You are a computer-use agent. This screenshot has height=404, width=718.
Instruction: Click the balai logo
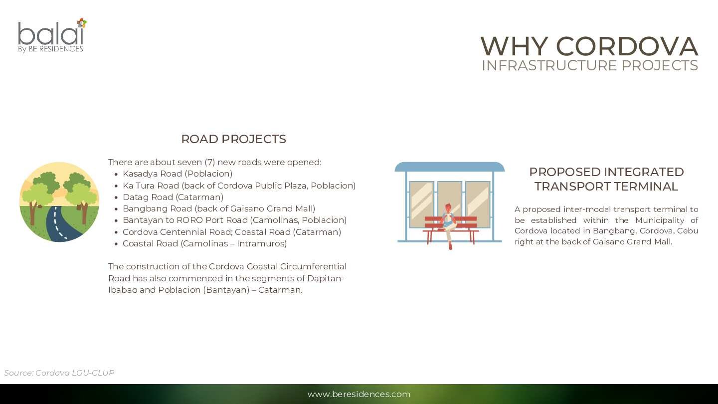point(52,35)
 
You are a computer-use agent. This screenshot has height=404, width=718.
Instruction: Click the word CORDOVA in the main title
point(627,46)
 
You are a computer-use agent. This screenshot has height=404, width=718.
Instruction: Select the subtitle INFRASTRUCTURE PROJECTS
point(590,65)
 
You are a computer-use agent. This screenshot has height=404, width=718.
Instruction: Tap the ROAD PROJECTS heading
point(234,139)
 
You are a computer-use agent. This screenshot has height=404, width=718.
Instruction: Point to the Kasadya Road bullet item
point(178,174)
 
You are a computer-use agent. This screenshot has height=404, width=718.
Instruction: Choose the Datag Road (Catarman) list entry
point(173,197)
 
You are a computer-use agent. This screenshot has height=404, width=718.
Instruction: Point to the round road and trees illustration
point(59,202)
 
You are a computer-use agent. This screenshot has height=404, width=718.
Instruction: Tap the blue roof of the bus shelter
point(449,167)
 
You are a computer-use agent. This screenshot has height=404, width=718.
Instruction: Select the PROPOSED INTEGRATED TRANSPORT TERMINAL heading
point(606,179)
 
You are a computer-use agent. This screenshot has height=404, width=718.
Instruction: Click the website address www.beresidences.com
point(359,394)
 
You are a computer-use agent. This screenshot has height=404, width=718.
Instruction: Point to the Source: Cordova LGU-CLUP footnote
point(59,373)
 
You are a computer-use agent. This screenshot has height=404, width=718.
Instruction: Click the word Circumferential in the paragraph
point(313,266)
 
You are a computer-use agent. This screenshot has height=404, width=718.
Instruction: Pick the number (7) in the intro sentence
point(209,162)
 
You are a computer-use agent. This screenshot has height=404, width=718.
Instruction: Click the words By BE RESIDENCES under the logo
point(51,49)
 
